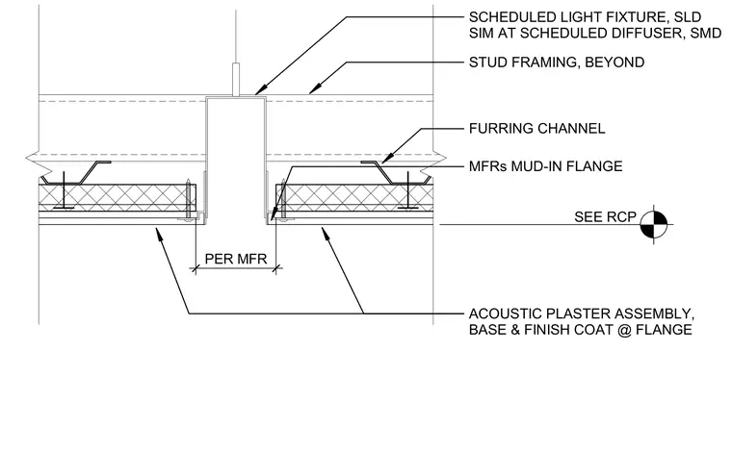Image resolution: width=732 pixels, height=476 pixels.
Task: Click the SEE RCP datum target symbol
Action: (654, 224)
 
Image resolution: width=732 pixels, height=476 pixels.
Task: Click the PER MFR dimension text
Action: (236, 259)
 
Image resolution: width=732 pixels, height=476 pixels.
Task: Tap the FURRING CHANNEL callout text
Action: (536, 128)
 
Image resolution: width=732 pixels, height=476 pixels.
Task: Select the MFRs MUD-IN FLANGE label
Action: (546, 166)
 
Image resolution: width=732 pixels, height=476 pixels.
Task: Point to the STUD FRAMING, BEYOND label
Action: (557, 62)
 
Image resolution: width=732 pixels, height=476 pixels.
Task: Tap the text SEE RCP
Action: (605, 216)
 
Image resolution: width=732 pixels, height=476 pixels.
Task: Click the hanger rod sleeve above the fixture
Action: (236, 79)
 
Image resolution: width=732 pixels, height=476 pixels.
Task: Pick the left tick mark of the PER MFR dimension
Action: (196, 268)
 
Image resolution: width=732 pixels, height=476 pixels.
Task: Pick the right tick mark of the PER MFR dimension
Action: (276, 268)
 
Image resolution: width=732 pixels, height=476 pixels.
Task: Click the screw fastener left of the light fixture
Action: (188, 200)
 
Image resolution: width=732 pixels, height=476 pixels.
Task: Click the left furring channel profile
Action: (75, 172)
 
